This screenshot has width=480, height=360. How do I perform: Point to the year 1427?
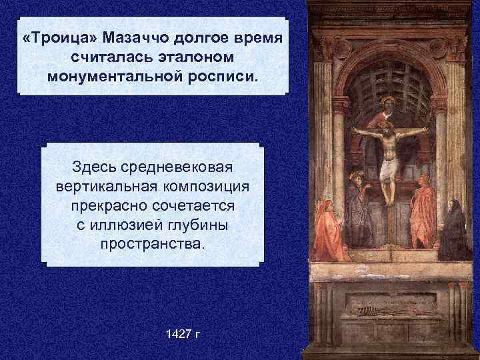coord(174,331)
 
